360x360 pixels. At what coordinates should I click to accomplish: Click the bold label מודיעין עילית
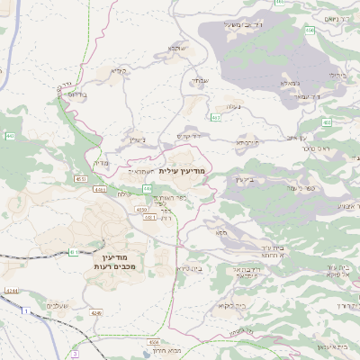[x=183, y=170]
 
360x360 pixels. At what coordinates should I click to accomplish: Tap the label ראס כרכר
[x=318, y=148]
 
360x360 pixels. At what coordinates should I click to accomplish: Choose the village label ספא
[x=220, y=233]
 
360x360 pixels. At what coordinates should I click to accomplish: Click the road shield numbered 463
[x=215, y=117]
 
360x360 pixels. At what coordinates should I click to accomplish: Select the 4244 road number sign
[x=11, y=291]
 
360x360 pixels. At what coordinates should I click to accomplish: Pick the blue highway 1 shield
[x=27, y=310]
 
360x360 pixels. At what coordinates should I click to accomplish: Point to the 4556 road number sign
[x=155, y=343]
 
